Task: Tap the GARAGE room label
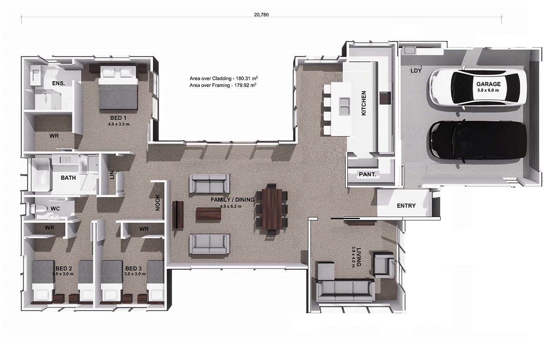pyautogui.click(x=488, y=84)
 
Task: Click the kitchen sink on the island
pyautogui.click(x=344, y=106)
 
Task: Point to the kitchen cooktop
pyautogui.click(x=384, y=98)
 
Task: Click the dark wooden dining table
pyautogui.click(x=271, y=209)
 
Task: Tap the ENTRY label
pyautogui.click(x=406, y=205)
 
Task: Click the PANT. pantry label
pyautogui.click(x=367, y=174)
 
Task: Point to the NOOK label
pyautogui.click(x=158, y=203)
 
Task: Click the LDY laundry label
pyautogui.click(x=416, y=71)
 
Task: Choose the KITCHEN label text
pyautogui.click(x=364, y=103)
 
